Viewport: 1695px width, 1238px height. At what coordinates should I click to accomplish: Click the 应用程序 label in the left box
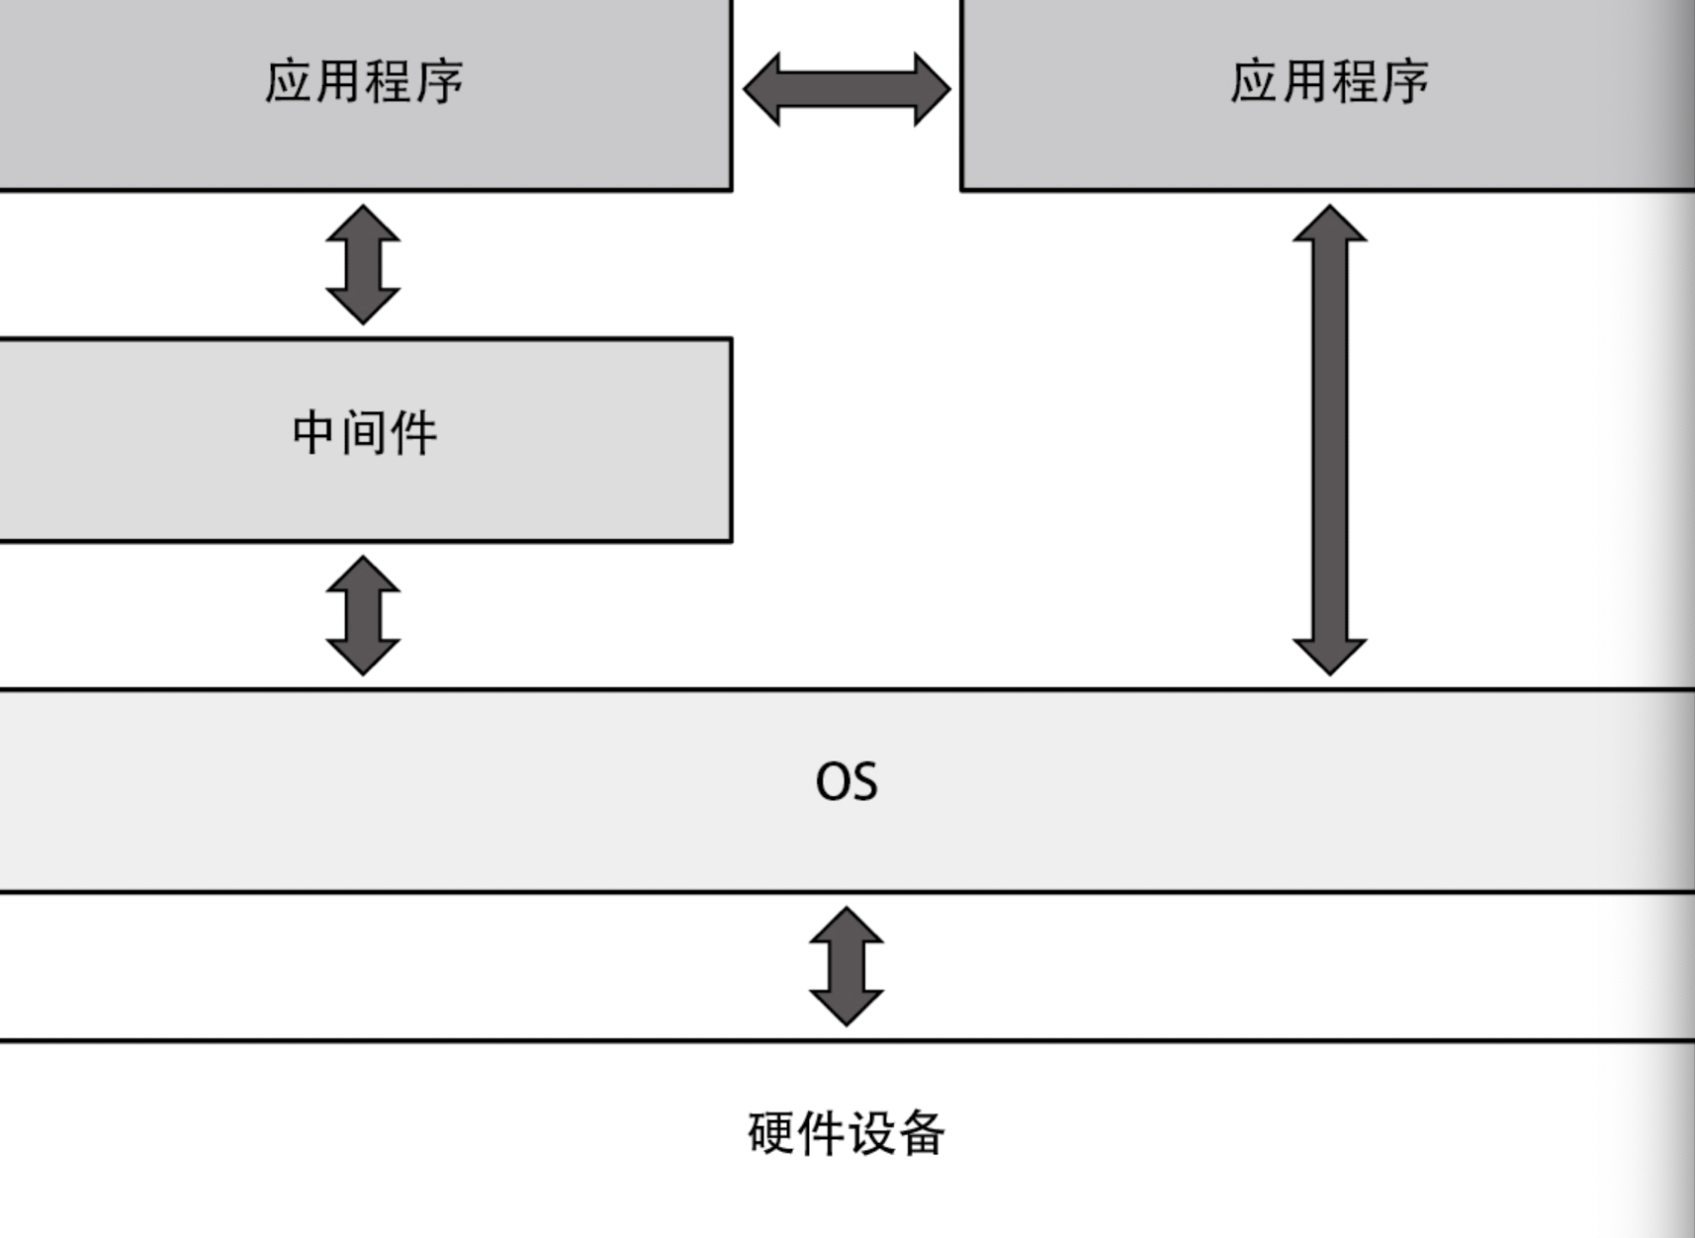click(x=364, y=81)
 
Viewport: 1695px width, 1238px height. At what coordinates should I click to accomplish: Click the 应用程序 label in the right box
click(x=1329, y=81)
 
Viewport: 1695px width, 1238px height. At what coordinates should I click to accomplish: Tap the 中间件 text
click(x=364, y=433)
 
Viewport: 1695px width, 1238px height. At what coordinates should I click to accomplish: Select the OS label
click(x=847, y=782)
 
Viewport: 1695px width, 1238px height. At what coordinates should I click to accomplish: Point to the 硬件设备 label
click(x=847, y=1133)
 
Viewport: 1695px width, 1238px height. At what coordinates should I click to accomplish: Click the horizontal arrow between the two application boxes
click(x=847, y=89)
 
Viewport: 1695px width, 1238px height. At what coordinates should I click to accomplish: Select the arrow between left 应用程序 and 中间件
click(x=363, y=265)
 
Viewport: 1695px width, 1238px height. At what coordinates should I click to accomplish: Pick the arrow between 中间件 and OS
click(x=363, y=615)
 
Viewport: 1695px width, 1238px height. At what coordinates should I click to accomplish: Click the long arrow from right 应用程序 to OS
click(x=1329, y=440)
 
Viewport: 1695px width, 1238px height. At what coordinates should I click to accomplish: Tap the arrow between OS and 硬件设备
click(x=847, y=966)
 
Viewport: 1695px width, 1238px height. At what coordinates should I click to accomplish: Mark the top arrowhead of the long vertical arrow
click(x=1329, y=225)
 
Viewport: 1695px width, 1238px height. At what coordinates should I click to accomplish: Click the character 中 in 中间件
click(x=312, y=433)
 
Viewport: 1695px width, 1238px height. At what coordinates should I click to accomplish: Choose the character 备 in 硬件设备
click(x=921, y=1133)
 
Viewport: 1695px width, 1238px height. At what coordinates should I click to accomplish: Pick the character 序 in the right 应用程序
click(x=1404, y=81)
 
